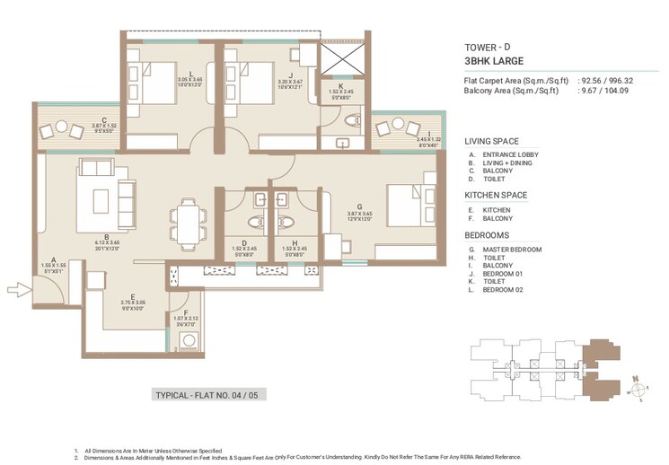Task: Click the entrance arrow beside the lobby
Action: point(17,289)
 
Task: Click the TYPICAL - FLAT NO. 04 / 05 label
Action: point(210,395)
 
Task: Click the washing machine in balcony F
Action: point(189,340)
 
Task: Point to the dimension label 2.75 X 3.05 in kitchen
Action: point(133,303)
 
